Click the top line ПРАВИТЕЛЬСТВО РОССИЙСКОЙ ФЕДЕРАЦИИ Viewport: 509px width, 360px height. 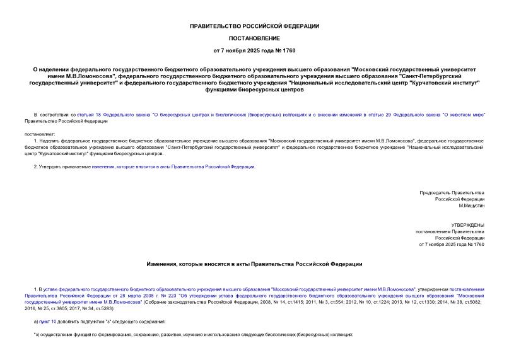pos(255,26)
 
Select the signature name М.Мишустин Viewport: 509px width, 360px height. pos(471,206)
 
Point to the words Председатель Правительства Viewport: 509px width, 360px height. pos(452,192)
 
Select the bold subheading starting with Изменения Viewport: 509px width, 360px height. pos(255,264)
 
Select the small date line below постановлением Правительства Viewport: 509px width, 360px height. pos(452,243)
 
